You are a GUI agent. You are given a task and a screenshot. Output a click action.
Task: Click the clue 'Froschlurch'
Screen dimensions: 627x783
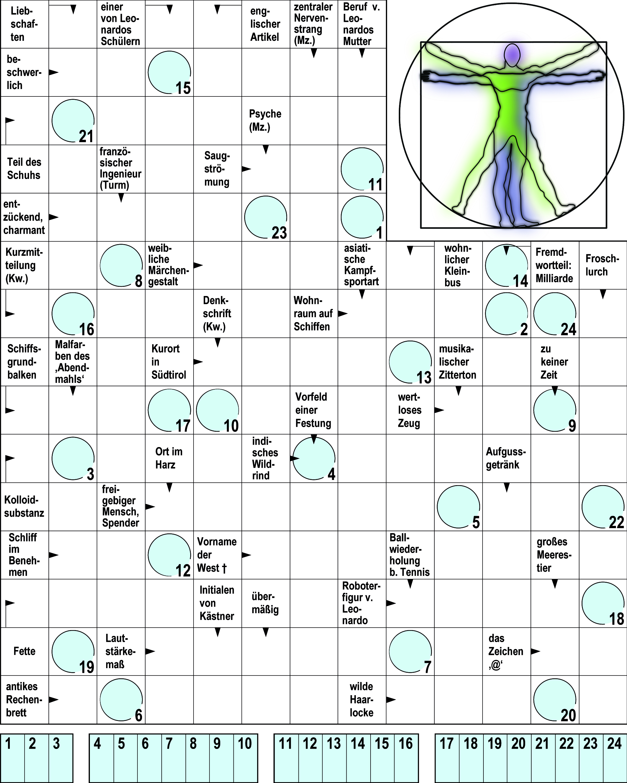pos(602,265)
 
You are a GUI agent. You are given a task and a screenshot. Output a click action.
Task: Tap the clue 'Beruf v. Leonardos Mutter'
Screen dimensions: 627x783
pos(361,24)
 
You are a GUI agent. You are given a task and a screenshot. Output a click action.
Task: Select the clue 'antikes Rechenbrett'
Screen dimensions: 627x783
pos(24,699)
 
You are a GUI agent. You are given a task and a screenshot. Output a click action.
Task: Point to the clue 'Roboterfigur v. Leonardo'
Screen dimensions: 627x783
pos(361,603)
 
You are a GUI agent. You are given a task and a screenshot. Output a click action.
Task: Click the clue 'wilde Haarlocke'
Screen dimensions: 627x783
pos(361,699)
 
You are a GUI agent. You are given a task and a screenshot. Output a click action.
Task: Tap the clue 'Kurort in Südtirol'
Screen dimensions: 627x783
pos(169,361)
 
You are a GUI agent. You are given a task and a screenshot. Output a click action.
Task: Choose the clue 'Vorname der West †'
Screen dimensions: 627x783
pos(217,555)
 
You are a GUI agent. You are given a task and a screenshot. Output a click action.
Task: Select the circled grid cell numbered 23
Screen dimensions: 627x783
pos(266,217)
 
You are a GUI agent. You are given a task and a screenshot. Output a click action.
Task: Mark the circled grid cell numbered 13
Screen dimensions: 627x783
pos(410,362)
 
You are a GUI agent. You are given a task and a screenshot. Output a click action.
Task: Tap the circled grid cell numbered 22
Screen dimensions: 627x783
pos(603,507)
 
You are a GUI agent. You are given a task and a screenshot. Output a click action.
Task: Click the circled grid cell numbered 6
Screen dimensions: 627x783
pos(121,699)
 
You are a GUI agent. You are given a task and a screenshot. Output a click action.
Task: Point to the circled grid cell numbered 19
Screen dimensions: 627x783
pos(73,651)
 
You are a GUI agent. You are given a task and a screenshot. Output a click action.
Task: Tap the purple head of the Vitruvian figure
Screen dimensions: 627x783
pos(512,55)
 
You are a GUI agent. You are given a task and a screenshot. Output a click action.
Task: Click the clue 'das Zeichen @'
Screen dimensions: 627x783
pos(506,651)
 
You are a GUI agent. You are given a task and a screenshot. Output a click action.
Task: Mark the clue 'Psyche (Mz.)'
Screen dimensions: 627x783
pos(265,120)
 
